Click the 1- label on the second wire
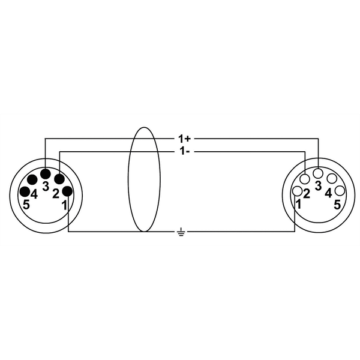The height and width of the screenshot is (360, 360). click(185, 152)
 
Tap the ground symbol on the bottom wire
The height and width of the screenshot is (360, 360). click(181, 231)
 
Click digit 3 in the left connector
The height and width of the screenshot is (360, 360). click(46, 185)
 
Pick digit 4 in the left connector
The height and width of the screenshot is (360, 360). click(35, 193)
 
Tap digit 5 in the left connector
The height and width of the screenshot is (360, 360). click(26, 204)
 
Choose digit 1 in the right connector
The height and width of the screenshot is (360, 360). click(298, 204)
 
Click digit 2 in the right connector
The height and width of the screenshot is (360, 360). click(306, 193)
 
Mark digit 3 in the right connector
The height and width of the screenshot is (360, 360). click(318, 185)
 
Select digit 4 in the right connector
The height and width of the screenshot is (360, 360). click(328, 193)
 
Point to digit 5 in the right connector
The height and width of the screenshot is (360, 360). click(337, 204)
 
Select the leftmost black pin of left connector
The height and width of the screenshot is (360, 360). click(25, 192)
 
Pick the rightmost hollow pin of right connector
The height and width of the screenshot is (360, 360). click(340, 191)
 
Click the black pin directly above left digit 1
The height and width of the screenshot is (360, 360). click(68, 191)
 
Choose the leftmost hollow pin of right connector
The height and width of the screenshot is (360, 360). click(296, 191)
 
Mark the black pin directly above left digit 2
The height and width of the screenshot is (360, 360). click(59, 179)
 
